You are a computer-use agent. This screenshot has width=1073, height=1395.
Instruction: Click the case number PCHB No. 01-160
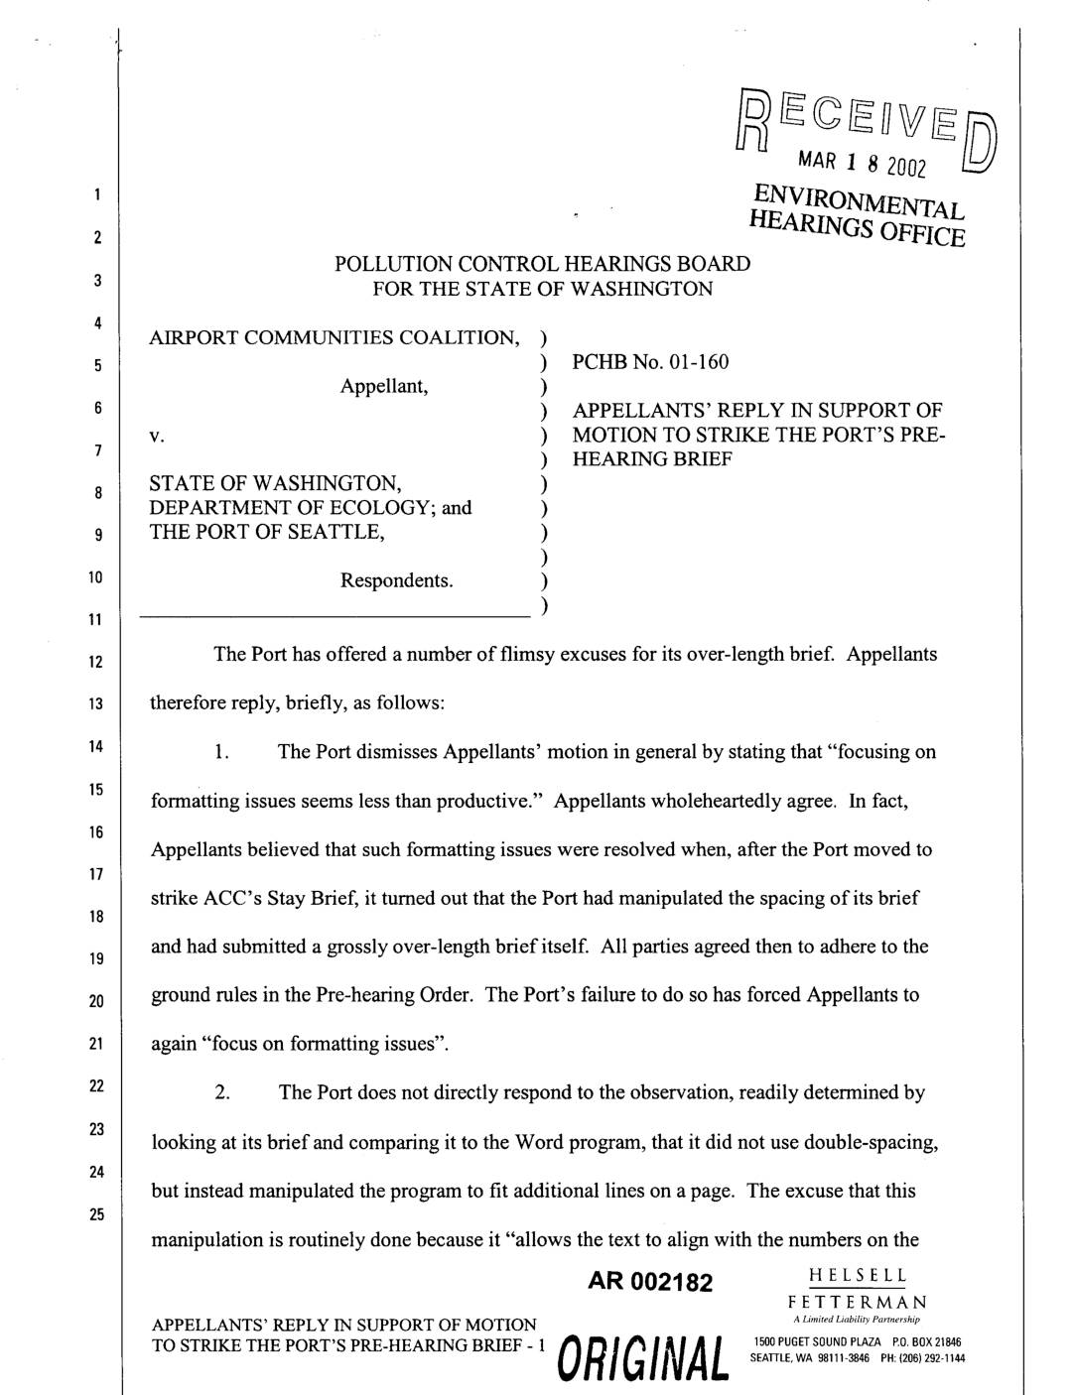pyautogui.click(x=650, y=362)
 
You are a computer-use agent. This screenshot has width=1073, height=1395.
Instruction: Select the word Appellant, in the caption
pyautogui.click(x=384, y=387)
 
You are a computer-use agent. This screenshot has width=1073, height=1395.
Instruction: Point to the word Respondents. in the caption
pyautogui.click(x=397, y=579)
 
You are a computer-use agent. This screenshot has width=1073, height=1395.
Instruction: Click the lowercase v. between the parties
pyautogui.click(x=155, y=436)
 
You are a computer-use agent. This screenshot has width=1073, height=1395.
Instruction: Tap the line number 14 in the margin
pyautogui.click(x=97, y=746)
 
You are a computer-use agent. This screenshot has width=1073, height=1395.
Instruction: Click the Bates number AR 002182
pyautogui.click(x=651, y=1283)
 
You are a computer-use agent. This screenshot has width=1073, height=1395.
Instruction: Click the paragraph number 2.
pyautogui.click(x=223, y=1093)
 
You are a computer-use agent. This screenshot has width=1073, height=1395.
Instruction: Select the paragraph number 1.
pyautogui.click(x=223, y=752)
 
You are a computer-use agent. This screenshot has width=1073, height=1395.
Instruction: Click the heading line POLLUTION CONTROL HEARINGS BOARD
pyautogui.click(x=542, y=265)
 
